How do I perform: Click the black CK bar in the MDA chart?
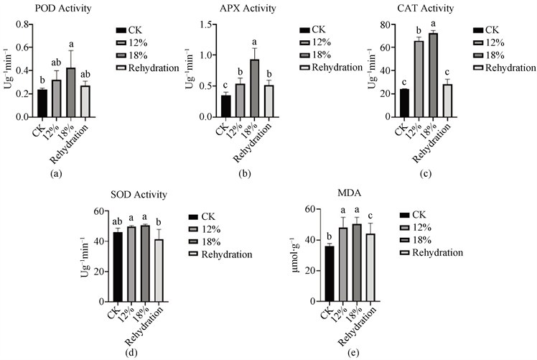330,274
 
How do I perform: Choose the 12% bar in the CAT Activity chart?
418,78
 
